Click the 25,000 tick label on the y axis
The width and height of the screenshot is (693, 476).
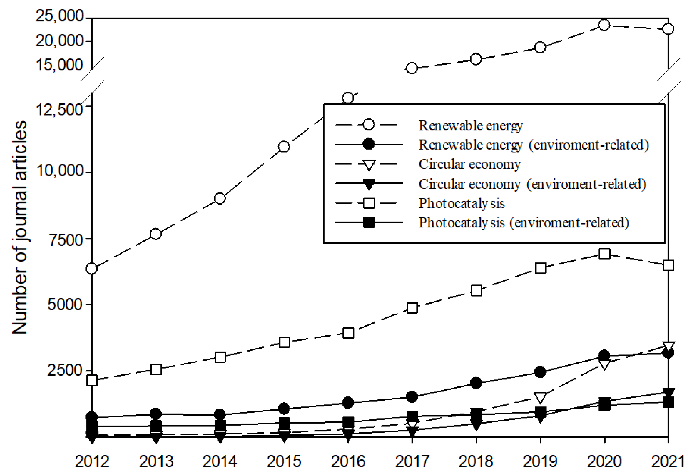pyautogui.click(x=59, y=16)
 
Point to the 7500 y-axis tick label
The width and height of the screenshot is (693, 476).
pyautogui.click(x=66, y=240)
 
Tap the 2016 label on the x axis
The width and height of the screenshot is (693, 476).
pyautogui.click(x=348, y=461)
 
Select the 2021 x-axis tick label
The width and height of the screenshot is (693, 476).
pyautogui.click(x=667, y=461)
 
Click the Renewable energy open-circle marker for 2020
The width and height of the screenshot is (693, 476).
pyautogui.click(x=604, y=25)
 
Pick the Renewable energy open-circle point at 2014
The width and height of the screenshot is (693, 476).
pyautogui.click(x=220, y=198)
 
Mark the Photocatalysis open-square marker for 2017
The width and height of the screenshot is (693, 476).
pyautogui.click(x=412, y=308)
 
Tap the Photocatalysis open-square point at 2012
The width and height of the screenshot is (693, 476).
pyautogui.click(x=92, y=381)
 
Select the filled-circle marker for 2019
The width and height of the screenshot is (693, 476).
pyautogui.click(x=540, y=372)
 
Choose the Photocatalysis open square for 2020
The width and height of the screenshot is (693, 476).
pyautogui.click(x=604, y=254)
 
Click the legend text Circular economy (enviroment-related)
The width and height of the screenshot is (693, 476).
pyautogui.click(x=532, y=184)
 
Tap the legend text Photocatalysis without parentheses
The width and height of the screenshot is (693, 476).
pyautogui.click(x=461, y=203)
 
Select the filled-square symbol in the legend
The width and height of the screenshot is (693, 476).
pyautogui.click(x=369, y=223)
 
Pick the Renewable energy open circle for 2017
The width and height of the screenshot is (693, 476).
pyautogui.click(x=412, y=68)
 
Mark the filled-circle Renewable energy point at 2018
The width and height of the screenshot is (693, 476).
pyautogui.click(x=476, y=383)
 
